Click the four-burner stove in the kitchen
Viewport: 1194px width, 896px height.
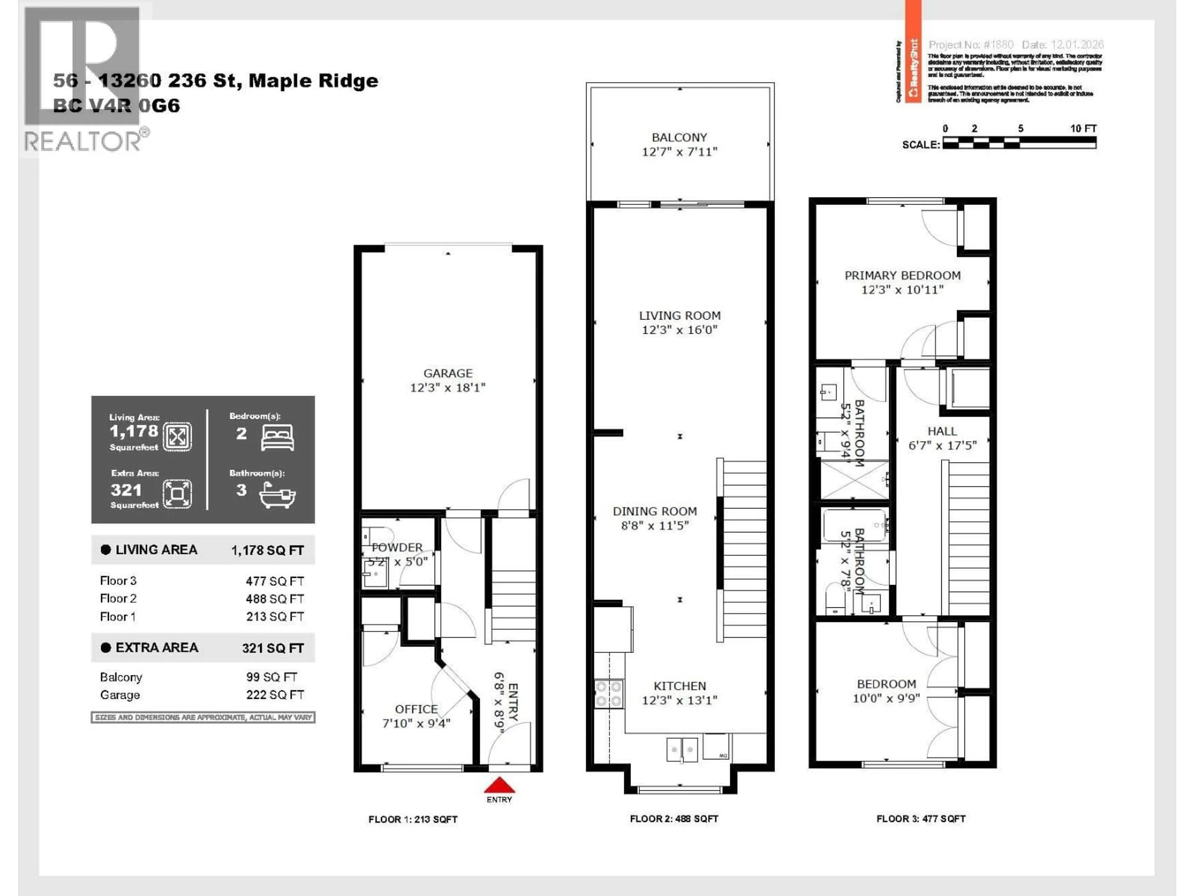[x=608, y=694]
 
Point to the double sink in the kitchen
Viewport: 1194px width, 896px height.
[x=682, y=750]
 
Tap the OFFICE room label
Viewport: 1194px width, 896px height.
[x=416, y=709]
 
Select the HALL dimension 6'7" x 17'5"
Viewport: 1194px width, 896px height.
[x=942, y=446]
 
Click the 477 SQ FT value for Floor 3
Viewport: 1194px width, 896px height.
[x=275, y=581]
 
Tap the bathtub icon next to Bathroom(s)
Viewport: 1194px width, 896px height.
[x=277, y=494]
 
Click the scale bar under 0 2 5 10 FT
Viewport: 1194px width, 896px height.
[x=1019, y=142]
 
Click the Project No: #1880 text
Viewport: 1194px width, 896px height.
[x=970, y=45]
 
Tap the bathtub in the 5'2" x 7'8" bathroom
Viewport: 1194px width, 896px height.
[x=855, y=525]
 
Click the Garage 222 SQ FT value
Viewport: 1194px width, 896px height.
[x=275, y=695]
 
